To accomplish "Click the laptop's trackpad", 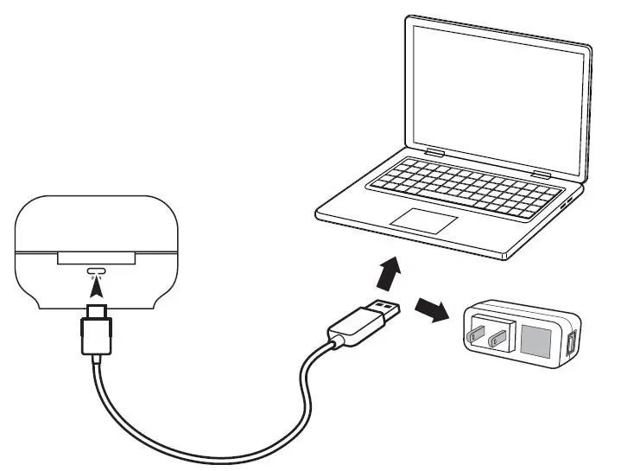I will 422,219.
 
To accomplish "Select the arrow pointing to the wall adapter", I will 433,309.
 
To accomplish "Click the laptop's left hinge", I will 434,155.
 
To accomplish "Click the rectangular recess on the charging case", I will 96,257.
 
